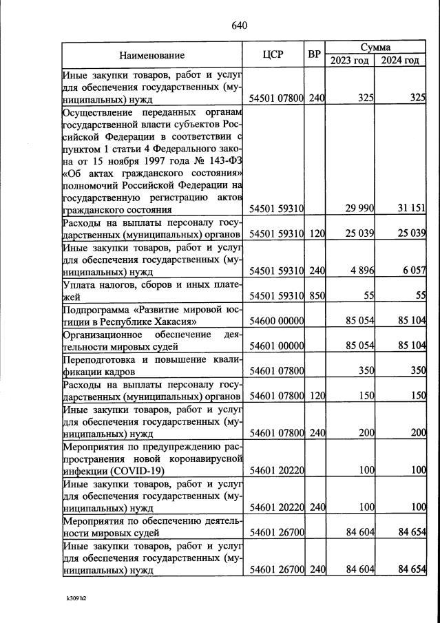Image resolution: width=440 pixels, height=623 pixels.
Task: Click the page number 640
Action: click(239, 26)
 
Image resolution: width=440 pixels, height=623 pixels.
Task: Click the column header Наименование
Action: click(151, 55)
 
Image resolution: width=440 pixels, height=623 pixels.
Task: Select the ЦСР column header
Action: click(273, 55)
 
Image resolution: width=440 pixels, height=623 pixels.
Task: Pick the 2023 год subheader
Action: click(350, 61)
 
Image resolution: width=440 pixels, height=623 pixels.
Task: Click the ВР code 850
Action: click(316, 297)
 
